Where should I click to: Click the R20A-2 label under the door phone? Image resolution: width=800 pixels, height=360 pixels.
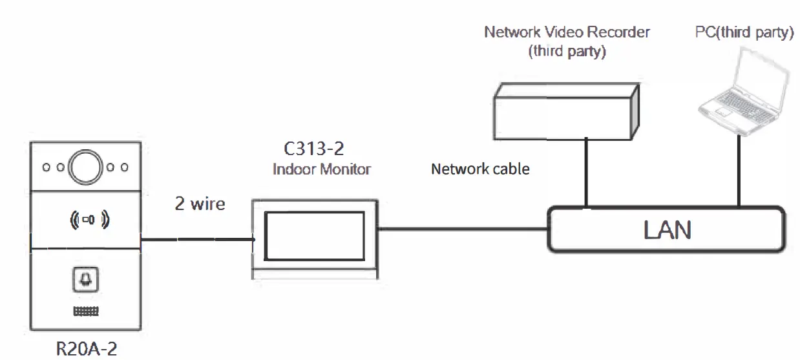tap(87, 348)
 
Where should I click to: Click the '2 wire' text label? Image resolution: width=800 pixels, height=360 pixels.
tap(200, 204)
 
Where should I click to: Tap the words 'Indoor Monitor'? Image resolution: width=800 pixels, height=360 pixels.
tap(322, 169)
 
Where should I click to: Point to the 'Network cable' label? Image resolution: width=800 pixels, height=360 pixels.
tap(480, 169)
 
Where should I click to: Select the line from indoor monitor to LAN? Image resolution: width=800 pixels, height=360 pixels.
tap(462, 228)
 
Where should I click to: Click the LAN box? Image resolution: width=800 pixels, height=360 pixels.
tap(667, 229)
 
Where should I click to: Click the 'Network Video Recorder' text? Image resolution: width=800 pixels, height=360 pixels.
tap(567, 32)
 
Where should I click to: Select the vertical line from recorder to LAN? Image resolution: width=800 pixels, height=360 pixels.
tap(586, 171)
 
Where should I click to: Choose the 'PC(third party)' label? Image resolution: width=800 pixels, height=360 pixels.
tap(744, 32)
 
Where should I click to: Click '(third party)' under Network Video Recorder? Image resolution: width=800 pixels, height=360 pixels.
tap(567, 52)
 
